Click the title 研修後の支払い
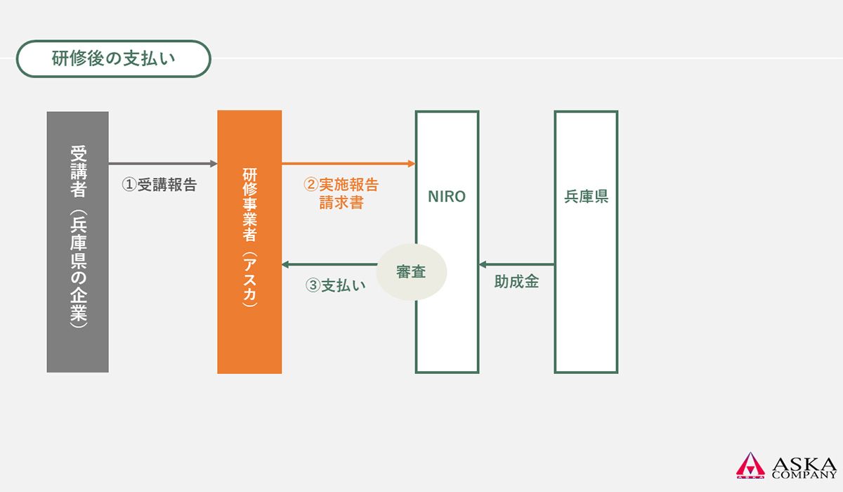(113, 59)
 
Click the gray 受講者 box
(77, 242)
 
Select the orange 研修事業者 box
(249, 242)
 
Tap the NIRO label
(447, 197)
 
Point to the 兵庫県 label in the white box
(586, 197)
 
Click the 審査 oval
(412, 272)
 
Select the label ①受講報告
(159, 185)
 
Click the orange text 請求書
(341, 202)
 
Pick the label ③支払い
(335, 285)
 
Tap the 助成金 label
(516, 282)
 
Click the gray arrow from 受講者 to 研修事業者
(163, 164)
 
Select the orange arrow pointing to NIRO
(348, 164)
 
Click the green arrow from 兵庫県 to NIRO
(516, 265)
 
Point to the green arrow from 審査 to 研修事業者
(329, 265)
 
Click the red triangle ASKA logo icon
(750, 465)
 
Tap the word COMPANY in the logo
(804, 475)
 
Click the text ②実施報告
(341, 185)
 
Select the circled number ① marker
(129, 185)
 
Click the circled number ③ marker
(313, 285)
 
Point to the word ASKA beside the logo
(804, 464)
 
